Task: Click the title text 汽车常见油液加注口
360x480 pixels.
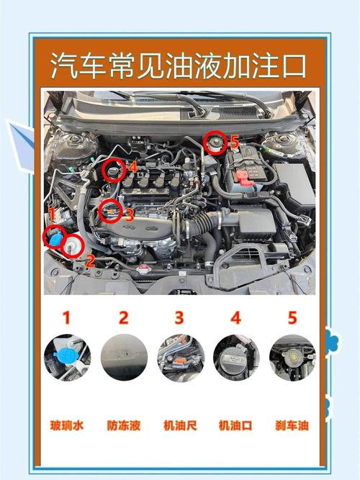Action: [179, 65]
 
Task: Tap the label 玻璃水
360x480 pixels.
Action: [67, 425]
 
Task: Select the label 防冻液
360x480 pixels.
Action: [123, 425]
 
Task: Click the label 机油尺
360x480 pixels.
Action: [180, 425]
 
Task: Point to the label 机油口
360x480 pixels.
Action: [235, 425]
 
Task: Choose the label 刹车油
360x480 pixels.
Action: [292, 425]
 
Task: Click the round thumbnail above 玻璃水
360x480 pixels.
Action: [67, 358]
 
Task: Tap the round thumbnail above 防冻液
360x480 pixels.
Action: [124, 358]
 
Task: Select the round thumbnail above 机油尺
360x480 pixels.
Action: [180, 358]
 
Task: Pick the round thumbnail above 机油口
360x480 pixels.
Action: [236, 358]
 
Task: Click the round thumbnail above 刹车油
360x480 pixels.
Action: [292, 358]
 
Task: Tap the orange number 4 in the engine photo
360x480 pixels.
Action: [132, 167]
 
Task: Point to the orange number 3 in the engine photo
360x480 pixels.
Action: [129, 214]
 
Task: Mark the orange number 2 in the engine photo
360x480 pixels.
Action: [90, 261]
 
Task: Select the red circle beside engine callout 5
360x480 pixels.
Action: [214, 142]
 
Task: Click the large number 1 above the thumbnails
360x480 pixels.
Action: [67, 317]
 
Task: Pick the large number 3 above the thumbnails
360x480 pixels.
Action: [179, 317]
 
